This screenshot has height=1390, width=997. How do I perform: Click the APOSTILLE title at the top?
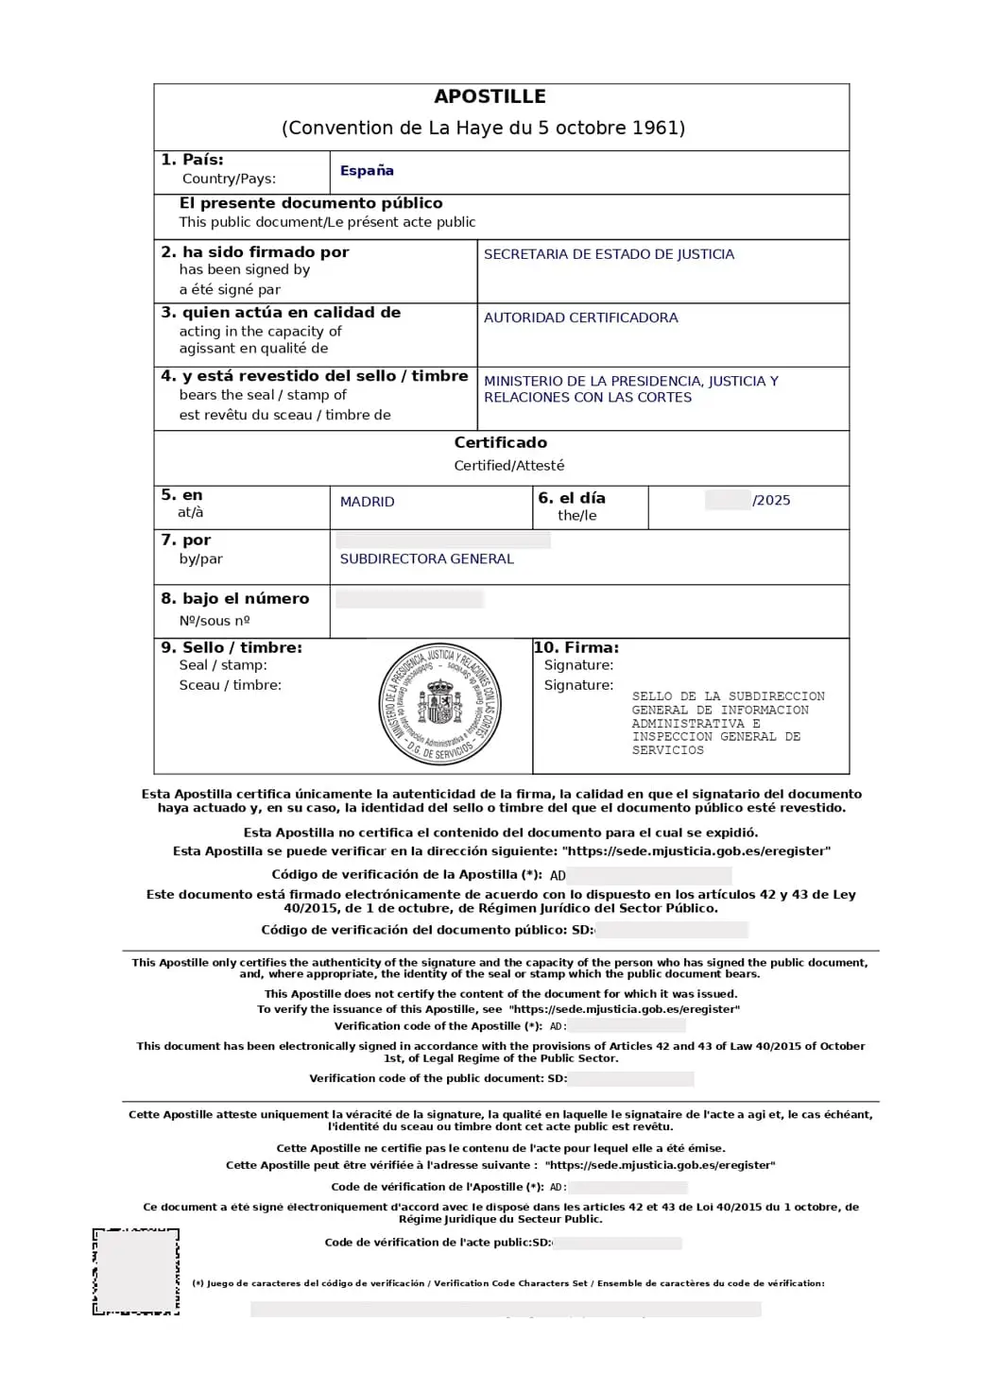point(490,96)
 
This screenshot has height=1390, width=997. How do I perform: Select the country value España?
point(367,171)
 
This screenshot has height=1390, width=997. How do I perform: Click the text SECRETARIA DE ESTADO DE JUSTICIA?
point(609,254)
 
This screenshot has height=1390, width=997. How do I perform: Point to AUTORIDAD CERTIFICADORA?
point(580,317)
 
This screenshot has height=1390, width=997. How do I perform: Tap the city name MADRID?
point(367,502)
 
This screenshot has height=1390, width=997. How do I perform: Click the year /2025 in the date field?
point(771,500)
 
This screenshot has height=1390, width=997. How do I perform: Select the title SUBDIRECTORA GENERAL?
point(426,558)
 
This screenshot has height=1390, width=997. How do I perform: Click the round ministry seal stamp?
point(440,706)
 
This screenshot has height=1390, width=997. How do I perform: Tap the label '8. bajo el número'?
point(235,598)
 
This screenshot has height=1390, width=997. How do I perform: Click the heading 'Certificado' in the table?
point(500,442)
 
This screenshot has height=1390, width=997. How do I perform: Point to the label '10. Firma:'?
point(576,647)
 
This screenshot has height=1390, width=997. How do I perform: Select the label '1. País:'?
point(192,160)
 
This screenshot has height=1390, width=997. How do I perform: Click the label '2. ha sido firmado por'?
point(255,252)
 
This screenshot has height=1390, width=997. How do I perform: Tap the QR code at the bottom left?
point(136,1272)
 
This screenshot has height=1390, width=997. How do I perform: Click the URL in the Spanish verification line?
point(696,851)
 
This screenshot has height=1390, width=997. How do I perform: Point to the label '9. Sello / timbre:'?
point(232,647)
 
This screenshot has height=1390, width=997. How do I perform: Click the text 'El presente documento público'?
point(311,203)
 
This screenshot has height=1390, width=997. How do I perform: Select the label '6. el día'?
point(572,498)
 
